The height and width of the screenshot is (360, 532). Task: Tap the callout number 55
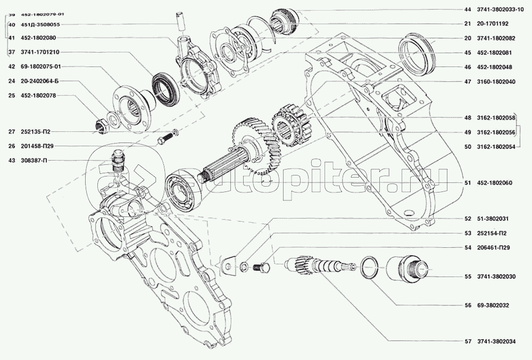(x=468, y=277)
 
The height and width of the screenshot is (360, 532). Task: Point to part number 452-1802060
(x=496, y=183)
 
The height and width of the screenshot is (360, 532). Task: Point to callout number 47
(x=468, y=82)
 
